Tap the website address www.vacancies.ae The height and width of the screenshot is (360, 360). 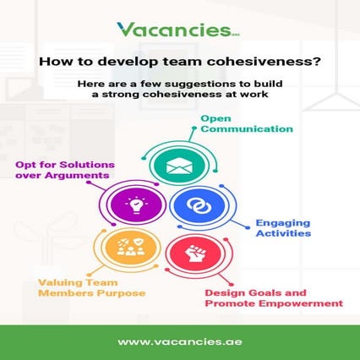(179, 341)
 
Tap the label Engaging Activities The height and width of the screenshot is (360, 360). (284, 228)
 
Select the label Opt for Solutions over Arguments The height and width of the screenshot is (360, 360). (63, 168)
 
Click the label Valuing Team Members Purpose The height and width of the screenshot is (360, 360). (91, 288)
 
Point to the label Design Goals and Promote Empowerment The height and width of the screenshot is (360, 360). (273, 297)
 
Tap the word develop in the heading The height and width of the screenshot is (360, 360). (120, 61)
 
